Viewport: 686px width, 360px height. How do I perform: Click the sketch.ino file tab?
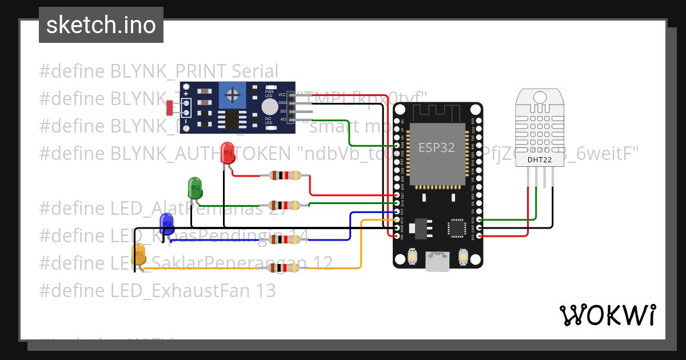pos(101,25)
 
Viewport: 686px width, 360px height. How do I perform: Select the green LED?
pos(195,188)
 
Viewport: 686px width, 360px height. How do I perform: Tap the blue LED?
pos(166,223)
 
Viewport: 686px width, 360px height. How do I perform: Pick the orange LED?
pos(139,254)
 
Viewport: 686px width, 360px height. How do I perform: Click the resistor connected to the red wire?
pos(284,176)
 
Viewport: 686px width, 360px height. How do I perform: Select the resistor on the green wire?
pos(284,205)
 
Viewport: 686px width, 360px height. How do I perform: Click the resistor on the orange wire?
pos(284,268)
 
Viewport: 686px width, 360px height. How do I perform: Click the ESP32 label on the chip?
pos(436,147)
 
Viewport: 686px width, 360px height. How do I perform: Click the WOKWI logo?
pos(607,315)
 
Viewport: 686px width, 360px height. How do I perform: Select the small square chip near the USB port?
pos(457,227)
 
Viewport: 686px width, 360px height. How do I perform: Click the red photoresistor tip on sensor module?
pos(170,106)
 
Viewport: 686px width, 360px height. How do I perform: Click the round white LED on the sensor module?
pos(269,107)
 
